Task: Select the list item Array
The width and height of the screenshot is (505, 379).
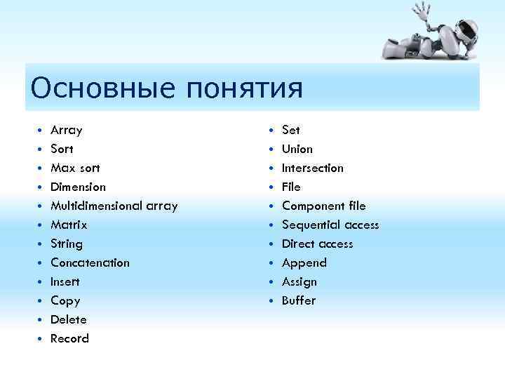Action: (x=67, y=131)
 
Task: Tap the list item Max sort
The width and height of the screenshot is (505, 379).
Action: (x=75, y=168)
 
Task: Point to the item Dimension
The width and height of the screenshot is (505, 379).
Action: (x=78, y=187)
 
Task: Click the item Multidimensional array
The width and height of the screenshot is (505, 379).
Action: (x=114, y=206)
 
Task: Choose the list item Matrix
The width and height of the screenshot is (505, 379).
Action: (x=69, y=225)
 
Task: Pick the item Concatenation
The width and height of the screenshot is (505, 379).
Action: (x=90, y=263)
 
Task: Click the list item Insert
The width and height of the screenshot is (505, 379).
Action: (x=65, y=282)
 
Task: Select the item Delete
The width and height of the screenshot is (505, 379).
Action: (x=69, y=320)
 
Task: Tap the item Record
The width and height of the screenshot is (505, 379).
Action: (x=69, y=339)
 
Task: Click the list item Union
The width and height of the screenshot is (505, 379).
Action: (x=297, y=149)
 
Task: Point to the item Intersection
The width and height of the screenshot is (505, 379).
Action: (x=313, y=168)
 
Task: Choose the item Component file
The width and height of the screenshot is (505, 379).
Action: (x=323, y=206)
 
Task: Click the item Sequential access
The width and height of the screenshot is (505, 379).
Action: (x=330, y=225)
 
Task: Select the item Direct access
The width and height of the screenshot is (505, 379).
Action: (x=317, y=244)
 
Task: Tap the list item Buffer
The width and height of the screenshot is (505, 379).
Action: (x=299, y=301)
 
